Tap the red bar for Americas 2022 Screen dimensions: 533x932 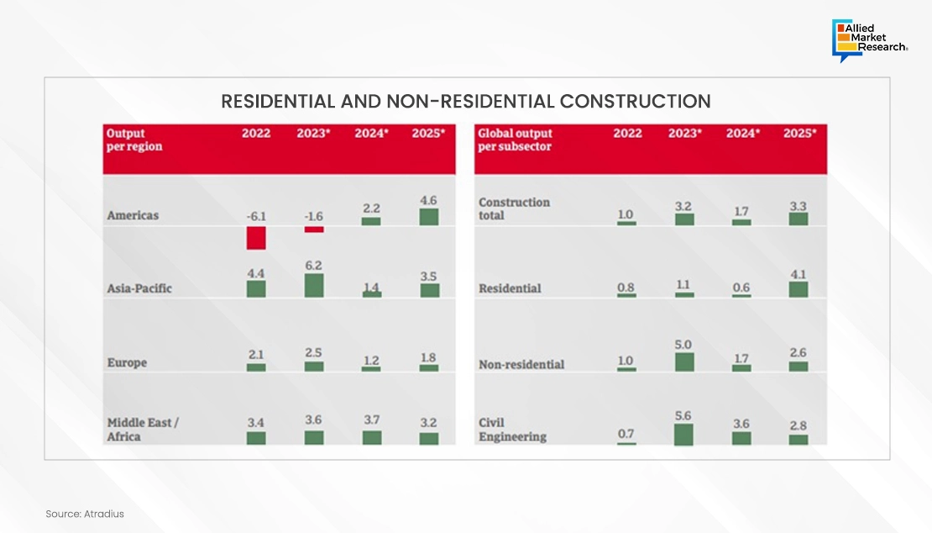click(256, 238)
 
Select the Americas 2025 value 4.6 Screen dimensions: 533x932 click(428, 201)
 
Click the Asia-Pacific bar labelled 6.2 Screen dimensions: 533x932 click(314, 285)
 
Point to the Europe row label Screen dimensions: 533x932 click(127, 363)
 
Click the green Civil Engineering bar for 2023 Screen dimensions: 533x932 click(684, 434)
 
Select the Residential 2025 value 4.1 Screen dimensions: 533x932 click(798, 273)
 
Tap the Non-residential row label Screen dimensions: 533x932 click(521, 365)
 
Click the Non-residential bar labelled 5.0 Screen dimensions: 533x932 click(684, 362)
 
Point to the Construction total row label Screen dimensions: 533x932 click(514, 208)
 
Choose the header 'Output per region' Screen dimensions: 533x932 click(134, 140)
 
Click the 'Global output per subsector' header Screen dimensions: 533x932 click(515, 140)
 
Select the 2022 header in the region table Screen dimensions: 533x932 click(255, 134)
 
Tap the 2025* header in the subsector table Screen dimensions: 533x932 click(799, 134)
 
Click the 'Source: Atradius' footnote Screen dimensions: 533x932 click(85, 514)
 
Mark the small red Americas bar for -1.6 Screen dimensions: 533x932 click(314, 230)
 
